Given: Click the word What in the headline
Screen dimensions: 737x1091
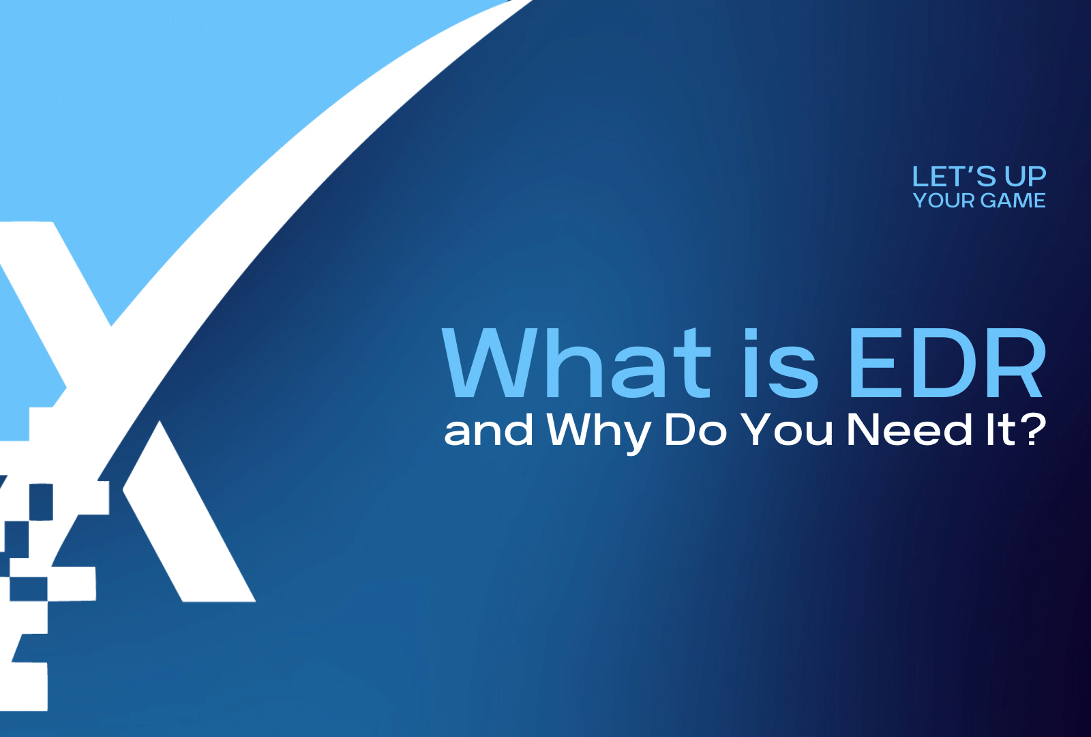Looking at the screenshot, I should pyautogui.click(x=576, y=363).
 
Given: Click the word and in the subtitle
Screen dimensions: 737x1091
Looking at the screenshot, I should pyautogui.click(x=488, y=431).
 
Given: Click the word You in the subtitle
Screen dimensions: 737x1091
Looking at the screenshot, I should pyautogui.click(x=787, y=430).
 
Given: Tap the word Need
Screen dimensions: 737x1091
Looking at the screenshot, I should pyautogui.click(x=910, y=430).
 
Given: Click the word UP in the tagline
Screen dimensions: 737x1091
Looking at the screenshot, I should pyautogui.click(x=1025, y=177).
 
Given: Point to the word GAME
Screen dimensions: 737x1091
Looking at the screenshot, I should pyautogui.click(x=1013, y=201).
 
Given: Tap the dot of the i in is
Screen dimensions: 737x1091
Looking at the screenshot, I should pyautogui.click(x=751, y=334).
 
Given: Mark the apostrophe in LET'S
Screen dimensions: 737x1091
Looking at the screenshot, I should pyautogui.click(x=972, y=169).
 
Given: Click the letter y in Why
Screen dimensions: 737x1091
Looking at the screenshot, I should pyautogui.click(x=633, y=435).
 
